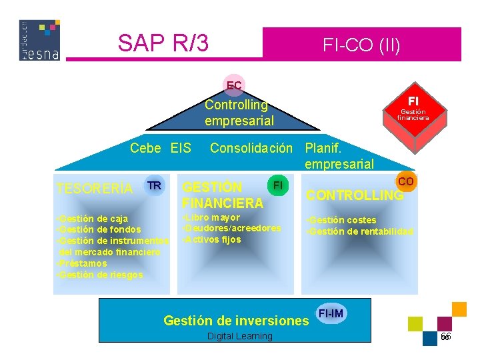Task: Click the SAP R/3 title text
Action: pos(163,43)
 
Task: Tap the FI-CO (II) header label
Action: pos(361,45)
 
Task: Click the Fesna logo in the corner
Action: pos(40,40)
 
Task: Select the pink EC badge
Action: pos(234,85)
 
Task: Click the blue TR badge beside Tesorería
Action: pos(154,185)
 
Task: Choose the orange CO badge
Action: pos(405,181)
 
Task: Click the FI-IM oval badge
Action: pos(331,313)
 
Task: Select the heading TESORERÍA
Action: pos(95,189)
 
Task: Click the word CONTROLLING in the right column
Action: pos(354,195)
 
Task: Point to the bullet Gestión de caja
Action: pos(93,219)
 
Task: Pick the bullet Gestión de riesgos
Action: pos(100,275)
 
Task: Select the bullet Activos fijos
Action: pos(211,239)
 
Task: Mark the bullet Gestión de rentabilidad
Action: pos(359,231)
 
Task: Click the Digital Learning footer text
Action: pos(240,336)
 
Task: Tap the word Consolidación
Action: pos(251,148)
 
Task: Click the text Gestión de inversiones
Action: pos(236,321)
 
